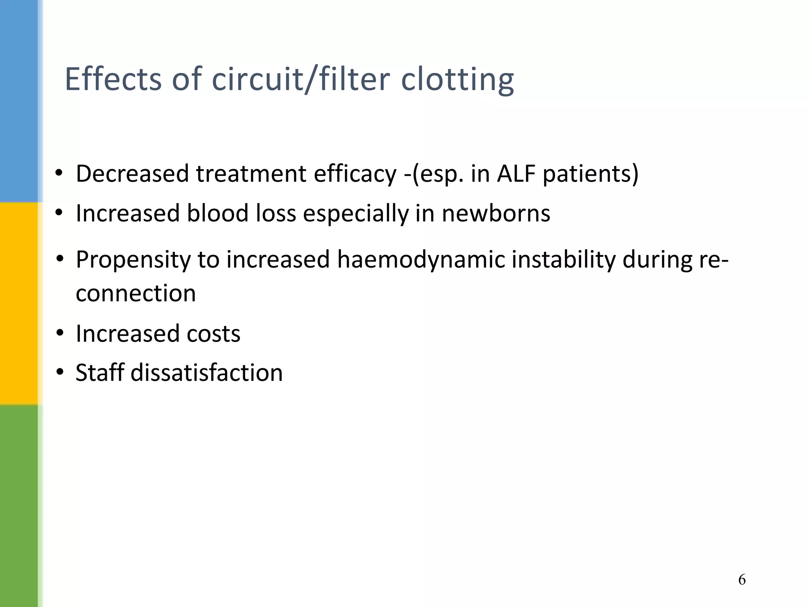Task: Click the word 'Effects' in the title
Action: click(113, 79)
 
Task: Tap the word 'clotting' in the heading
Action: click(457, 79)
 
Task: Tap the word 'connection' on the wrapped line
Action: click(136, 293)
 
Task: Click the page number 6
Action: click(742, 580)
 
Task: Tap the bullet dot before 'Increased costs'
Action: click(60, 333)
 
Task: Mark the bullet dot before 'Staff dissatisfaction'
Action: click(60, 372)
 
